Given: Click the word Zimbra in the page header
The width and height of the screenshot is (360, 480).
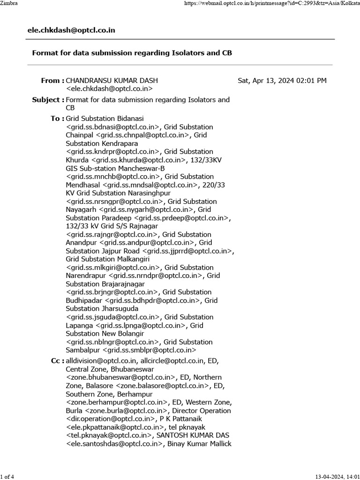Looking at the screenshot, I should click(x=9, y=3).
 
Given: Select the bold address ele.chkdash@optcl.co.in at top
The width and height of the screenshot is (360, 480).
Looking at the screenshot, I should click(x=71, y=30).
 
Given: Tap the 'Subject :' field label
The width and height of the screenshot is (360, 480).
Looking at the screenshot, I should click(x=48, y=99).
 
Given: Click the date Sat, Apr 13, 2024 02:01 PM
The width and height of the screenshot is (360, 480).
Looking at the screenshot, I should click(x=282, y=81).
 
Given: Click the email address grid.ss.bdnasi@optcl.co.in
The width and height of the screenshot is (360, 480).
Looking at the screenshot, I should click(x=113, y=127).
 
